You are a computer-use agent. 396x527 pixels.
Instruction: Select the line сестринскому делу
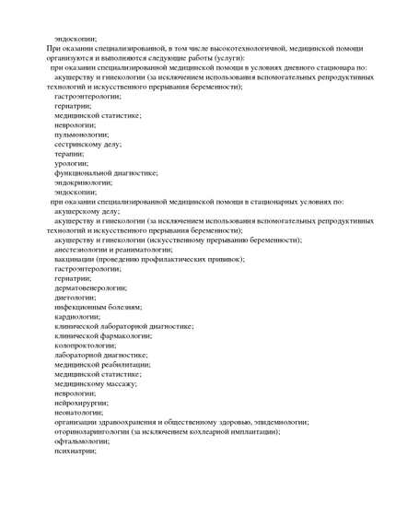(x=87, y=144)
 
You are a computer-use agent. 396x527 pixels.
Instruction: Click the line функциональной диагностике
(x=106, y=172)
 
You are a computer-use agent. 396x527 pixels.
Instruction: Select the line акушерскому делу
(x=87, y=211)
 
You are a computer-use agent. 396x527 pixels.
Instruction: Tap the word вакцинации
(x=76, y=259)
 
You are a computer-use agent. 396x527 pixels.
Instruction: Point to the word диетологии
(x=75, y=298)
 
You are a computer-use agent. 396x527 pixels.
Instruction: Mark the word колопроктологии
(x=85, y=345)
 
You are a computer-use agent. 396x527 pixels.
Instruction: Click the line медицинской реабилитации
(x=101, y=364)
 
